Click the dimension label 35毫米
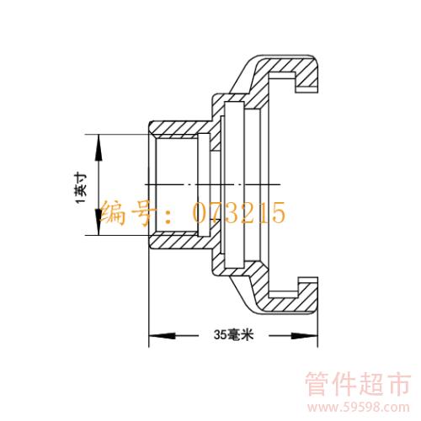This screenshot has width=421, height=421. point(233,334)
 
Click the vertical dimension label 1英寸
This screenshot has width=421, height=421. point(81,189)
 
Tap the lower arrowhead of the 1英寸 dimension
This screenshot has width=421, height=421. point(99,221)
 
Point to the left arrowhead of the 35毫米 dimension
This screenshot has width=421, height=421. point(162,336)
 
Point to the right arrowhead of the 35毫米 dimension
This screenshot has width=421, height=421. point(304,336)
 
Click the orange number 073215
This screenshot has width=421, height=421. point(239,213)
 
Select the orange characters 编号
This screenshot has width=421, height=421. point(126,213)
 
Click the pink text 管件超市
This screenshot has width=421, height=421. point(358,383)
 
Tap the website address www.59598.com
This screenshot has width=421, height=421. point(358,408)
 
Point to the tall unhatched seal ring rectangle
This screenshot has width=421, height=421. point(234,184)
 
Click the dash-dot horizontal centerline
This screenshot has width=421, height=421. point(212,184)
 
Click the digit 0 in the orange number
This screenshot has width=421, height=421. point(200,213)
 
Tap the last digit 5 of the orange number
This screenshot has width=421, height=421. point(279,213)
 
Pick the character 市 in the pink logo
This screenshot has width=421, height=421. point(398,383)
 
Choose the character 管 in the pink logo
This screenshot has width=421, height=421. point(318,383)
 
